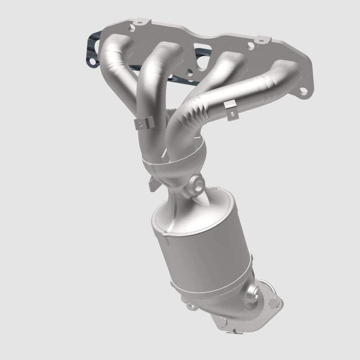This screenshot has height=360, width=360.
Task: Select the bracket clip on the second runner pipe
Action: [x=143, y=123]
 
